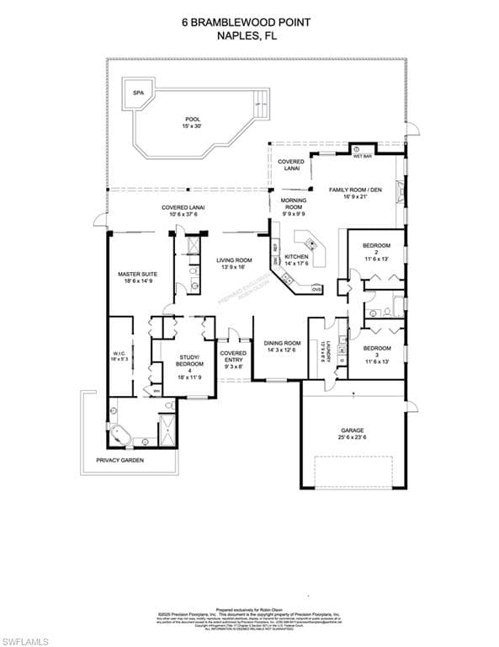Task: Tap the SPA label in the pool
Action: click(x=138, y=94)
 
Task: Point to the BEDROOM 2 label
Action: click(x=377, y=252)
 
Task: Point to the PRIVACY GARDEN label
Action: click(x=119, y=461)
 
